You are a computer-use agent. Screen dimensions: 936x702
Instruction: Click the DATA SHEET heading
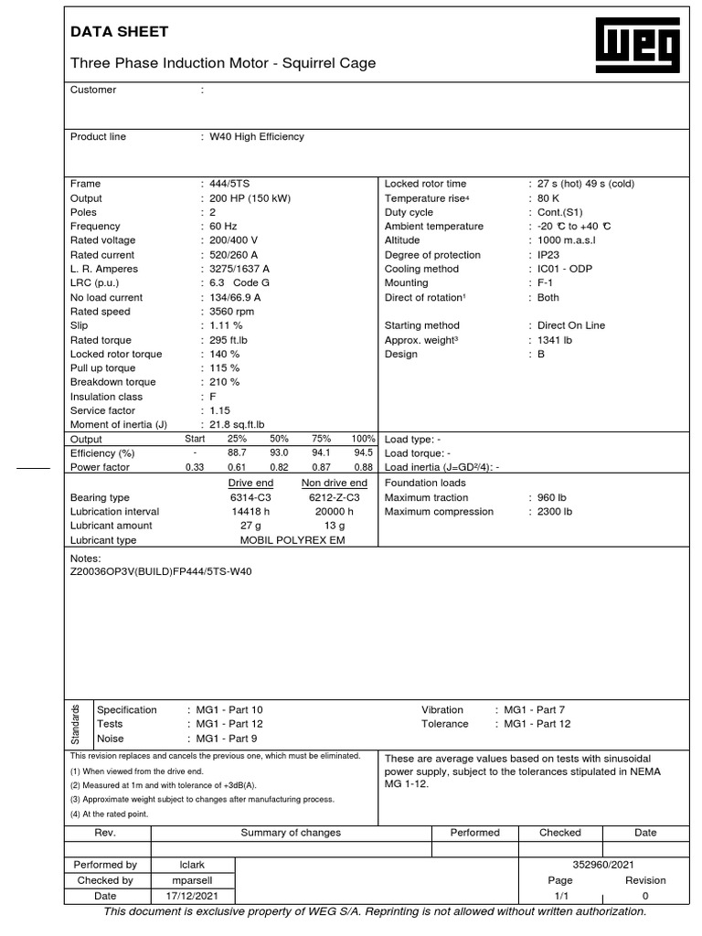[120, 32]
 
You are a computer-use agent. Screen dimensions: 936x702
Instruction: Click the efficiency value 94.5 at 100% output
[363, 453]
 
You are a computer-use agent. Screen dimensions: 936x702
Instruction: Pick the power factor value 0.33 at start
[195, 468]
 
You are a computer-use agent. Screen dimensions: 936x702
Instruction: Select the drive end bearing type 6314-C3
[251, 497]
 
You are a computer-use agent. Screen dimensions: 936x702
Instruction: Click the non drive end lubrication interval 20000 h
[335, 512]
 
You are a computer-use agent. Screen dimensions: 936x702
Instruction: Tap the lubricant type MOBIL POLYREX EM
[292, 540]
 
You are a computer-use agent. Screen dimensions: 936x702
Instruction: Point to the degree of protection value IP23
[548, 255]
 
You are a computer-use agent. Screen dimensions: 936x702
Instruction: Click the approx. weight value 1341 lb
[555, 340]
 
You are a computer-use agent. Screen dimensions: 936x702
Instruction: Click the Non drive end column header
[335, 483]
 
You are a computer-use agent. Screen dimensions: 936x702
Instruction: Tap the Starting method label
[422, 325]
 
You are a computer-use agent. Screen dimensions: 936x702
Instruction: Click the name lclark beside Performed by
[192, 865]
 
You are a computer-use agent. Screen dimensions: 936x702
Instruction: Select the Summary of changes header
[291, 833]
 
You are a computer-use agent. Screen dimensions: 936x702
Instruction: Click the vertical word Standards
[77, 724]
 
